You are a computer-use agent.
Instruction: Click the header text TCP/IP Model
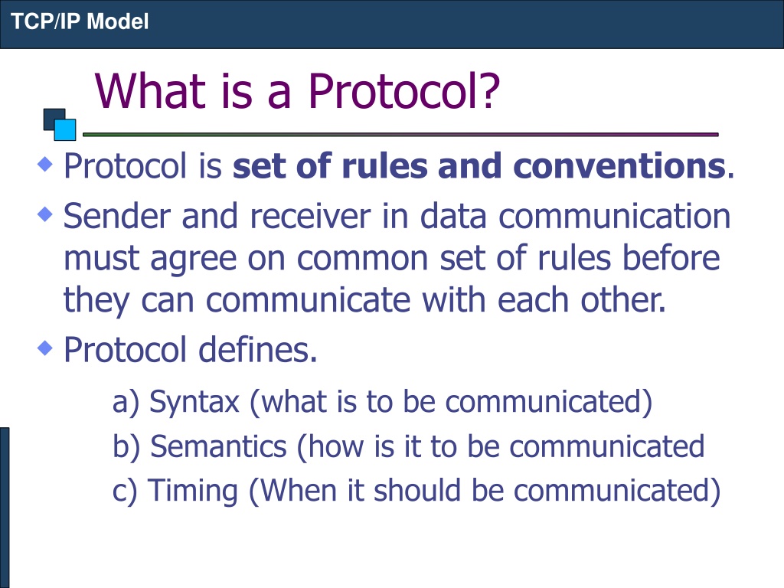[x=80, y=21]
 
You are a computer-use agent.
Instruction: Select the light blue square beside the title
[x=65, y=129]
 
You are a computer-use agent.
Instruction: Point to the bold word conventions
[x=619, y=166]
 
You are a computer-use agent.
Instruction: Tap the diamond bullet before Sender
[x=45, y=214]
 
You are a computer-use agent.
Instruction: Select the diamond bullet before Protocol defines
[x=45, y=348]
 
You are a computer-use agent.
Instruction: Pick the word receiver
[x=310, y=216]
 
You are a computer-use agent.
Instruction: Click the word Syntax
[x=194, y=402]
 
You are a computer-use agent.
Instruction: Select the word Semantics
[x=218, y=446]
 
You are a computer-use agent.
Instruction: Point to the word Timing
[x=193, y=491]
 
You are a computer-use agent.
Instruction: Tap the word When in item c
[x=299, y=490]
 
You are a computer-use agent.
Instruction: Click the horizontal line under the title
[x=400, y=135]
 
